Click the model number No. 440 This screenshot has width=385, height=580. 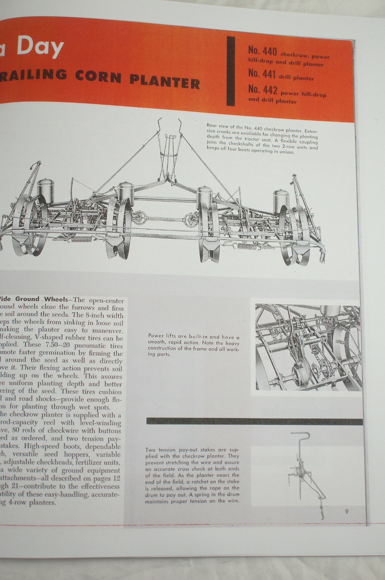click(x=262, y=51)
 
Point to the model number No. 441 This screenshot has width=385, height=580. click(x=262, y=74)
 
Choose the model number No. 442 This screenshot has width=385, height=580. click(x=262, y=89)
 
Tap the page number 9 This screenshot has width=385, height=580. click(x=347, y=511)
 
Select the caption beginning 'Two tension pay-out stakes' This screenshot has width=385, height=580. click(x=192, y=475)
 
